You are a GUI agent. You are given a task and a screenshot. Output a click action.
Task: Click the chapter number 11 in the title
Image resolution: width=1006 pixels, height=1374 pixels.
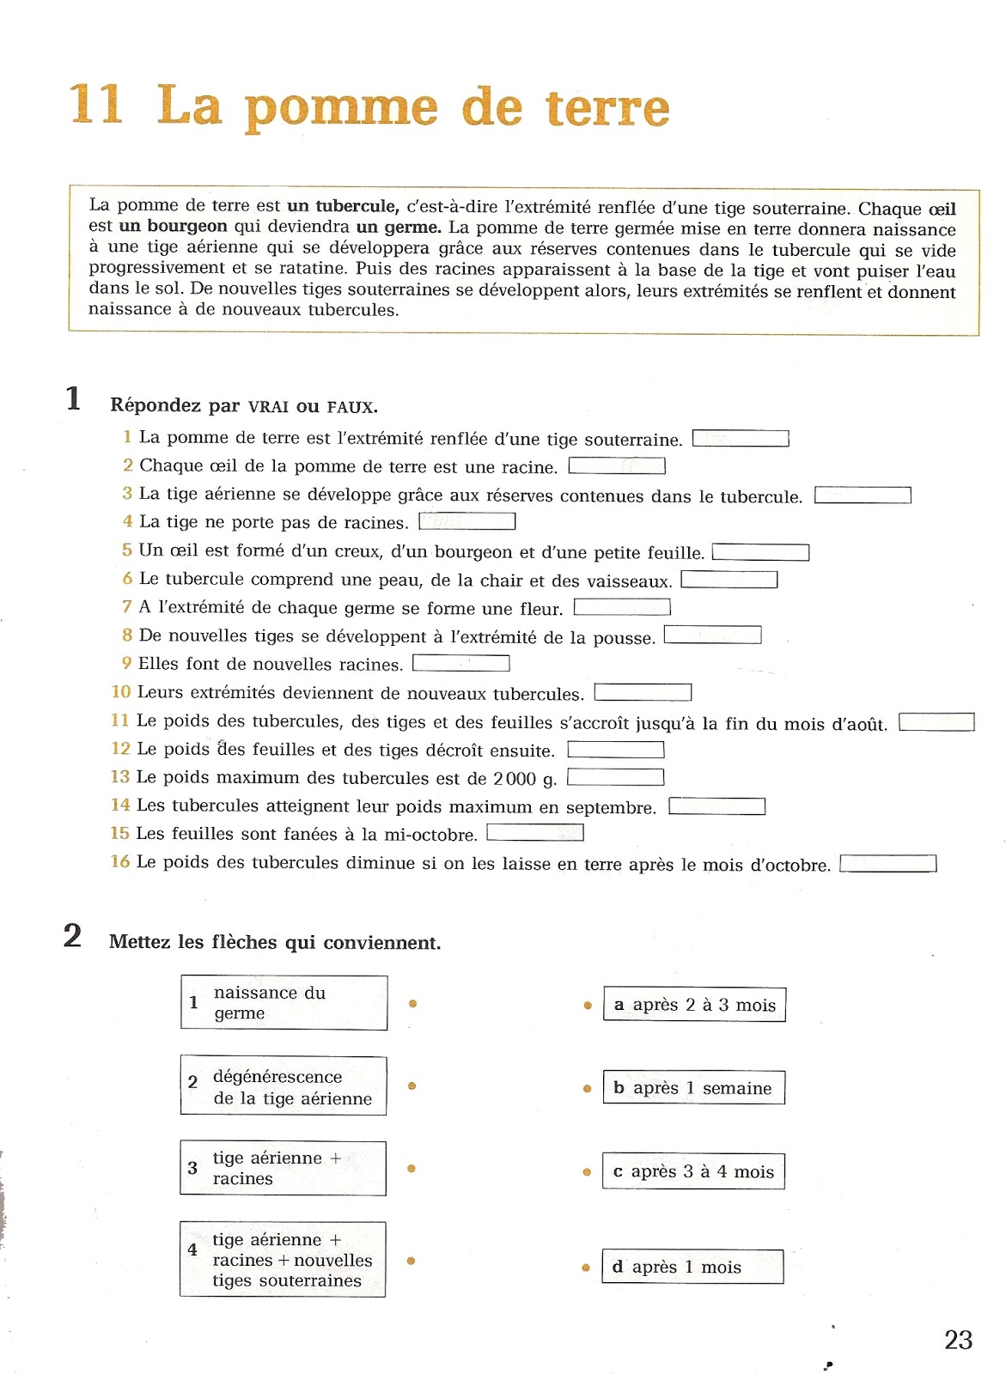pyautogui.click(x=95, y=104)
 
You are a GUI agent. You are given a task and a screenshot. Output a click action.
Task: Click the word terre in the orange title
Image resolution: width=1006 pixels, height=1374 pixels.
pyautogui.click(x=607, y=108)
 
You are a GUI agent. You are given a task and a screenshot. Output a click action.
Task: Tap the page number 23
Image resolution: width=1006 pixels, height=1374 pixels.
pyautogui.click(x=958, y=1340)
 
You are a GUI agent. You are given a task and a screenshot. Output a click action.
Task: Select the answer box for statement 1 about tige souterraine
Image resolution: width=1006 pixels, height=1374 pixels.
pyautogui.click(x=741, y=439)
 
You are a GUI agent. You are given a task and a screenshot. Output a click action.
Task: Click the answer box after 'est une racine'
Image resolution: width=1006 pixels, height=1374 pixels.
pyautogui.click(x=617, y=466)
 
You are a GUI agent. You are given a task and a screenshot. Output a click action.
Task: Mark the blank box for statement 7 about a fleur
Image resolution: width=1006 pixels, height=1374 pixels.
pyautogui.click(x=622, y=608)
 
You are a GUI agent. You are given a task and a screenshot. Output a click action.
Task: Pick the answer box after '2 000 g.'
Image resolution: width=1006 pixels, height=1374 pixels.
pyautogui.click(x=615, y=777)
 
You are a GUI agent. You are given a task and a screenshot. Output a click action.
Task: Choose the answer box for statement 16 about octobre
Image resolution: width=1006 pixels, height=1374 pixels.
pyautogui.click(x=887, y=864)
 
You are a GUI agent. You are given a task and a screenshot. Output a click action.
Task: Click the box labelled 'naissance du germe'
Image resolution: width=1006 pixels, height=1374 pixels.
pyautogui.click(x=284, y=1002)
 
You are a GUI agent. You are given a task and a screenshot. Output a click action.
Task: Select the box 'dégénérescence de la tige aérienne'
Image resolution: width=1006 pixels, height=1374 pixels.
pyautogui.click(x=284, y=1086)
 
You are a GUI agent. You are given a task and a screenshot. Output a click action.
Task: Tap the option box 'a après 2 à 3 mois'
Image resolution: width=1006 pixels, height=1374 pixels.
pyautogui.click(x=694, y=1005)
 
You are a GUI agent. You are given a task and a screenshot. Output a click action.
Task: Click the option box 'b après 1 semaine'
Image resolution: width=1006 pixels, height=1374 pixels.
pyautogui.click(x=693, y=1088)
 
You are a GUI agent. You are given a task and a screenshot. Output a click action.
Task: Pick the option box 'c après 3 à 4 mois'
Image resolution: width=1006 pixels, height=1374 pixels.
pyautogui.click(x=693, y=1171)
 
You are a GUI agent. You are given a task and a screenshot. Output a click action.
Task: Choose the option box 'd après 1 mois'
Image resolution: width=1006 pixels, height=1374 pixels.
pyautogui.click(x=692, y=1267)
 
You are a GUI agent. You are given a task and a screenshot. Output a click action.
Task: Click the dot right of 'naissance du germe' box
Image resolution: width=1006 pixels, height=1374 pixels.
pyautogui.click(x=413, y=1003)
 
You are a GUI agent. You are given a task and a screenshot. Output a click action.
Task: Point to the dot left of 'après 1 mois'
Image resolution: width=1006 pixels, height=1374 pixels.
pyautogui.click(x=586, y=1268)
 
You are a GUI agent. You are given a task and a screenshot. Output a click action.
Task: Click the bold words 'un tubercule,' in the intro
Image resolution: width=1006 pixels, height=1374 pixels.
pyautogui.click(x=343, y=206)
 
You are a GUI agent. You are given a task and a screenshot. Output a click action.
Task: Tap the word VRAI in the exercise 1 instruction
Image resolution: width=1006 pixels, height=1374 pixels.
pyautogui.click(x=269, y=407)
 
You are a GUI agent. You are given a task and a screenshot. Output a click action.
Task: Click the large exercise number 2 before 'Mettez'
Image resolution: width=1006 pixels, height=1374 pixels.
pyautogui.click(x=73, y=935)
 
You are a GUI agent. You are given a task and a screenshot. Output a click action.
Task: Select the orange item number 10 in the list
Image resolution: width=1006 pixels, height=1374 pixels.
pyautogui.click(x=120, y=692)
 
